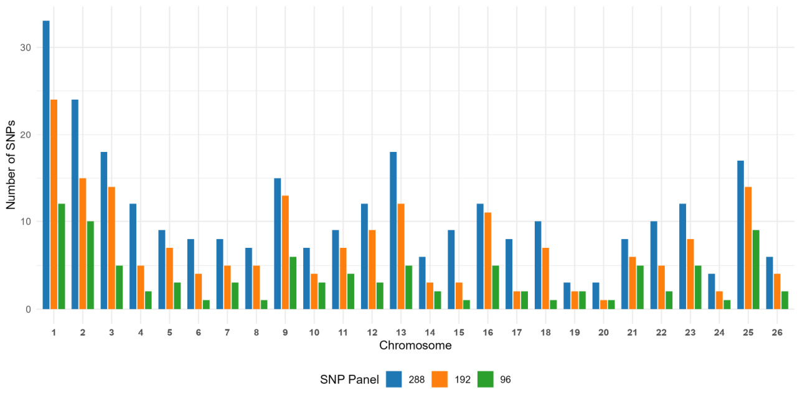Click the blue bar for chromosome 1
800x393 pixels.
pos(46,164)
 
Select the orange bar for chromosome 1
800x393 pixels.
pos(54,204)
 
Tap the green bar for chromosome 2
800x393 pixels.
pos(90,265)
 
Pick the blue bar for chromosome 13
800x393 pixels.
pos(393,230)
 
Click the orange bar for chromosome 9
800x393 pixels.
pos(285,252)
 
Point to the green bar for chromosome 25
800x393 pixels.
pos(756,270)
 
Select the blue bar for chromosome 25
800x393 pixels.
pos(740,235)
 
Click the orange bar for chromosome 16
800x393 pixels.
pos(488,261)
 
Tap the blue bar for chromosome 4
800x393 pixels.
pos(133,257)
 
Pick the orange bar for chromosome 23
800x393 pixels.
pos(690,274)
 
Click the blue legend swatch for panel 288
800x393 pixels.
pos(394,379)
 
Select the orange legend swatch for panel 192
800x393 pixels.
pos(440,379)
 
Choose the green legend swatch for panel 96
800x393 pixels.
pos(486,379)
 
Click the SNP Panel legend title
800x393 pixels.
pos(349,379)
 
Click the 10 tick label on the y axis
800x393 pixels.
pos(26,222)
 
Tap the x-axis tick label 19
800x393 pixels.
pos(575,333)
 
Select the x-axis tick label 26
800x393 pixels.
pos(777,333)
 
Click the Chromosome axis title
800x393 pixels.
pos(415,346)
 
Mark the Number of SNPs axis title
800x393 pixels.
pos(11,164)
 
